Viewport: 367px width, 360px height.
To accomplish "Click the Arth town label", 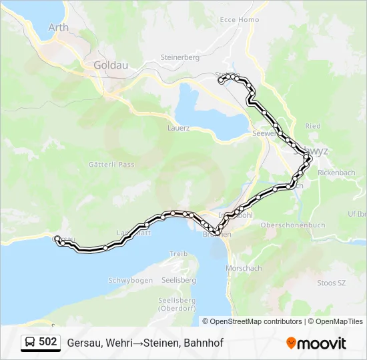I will tap(59, 27).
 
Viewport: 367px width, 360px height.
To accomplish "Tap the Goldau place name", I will tap(111, 65).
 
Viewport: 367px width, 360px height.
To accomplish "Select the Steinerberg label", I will tap(180, 57).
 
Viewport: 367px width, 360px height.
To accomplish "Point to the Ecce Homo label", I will tap(240, 20).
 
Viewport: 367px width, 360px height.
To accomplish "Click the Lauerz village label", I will tap(179, 127).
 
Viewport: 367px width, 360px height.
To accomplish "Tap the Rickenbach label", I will tap(336, 173).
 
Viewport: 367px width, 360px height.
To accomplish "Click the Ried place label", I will tap(313, 126).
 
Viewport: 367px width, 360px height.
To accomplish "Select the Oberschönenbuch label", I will tap(293, 225).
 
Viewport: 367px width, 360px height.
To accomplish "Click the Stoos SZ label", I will tap(331, 283).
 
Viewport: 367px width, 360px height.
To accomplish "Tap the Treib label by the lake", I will tap(178, 254).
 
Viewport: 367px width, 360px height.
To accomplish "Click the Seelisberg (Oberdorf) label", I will tap(176, 304).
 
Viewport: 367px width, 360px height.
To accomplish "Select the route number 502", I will tap(47, 342).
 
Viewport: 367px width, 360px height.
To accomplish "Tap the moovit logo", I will tap(316, 343).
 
